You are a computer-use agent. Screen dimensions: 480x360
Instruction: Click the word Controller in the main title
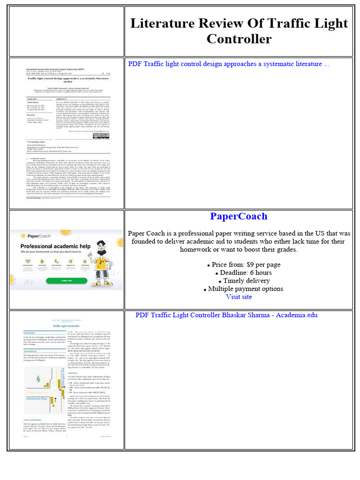coord(239,38)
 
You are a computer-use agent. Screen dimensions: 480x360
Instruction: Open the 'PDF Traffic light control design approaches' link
coord(228,64)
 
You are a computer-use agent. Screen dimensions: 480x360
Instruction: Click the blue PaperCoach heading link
coord(239,216)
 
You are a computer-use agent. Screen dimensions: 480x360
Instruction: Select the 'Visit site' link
coord(239,297)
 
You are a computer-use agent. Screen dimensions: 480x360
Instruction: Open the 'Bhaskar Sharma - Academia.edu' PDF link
coord(226,315)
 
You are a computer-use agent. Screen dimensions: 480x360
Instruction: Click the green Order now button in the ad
coord(67,281)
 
